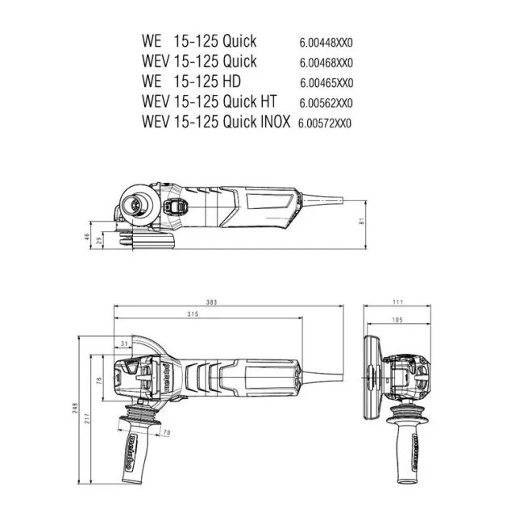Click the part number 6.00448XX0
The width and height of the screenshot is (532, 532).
pos(326,40)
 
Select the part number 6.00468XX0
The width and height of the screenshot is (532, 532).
pos(326,61)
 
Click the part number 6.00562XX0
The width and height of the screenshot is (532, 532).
pos(326,103)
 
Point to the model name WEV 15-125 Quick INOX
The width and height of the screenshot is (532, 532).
pos(215,123)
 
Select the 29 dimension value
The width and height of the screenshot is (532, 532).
pos(99,241)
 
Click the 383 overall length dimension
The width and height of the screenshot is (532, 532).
pos(212,302)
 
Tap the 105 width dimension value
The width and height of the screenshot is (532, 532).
pos(397,319)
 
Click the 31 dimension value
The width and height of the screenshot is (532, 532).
pos(124,343)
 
